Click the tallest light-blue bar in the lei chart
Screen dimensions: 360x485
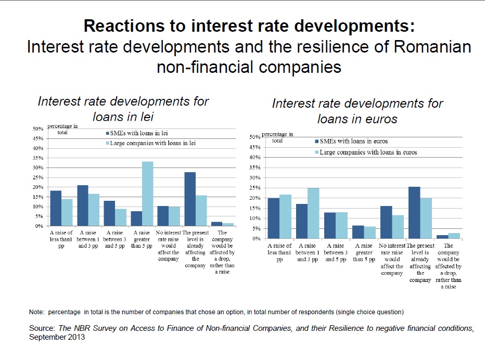click(148, 194)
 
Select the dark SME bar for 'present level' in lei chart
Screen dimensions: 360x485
click(190, 199)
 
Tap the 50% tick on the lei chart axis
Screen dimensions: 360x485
click(38, 128)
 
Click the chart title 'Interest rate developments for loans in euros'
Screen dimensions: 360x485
click(358, 110)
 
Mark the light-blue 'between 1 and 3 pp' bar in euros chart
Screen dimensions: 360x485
click(313, 213)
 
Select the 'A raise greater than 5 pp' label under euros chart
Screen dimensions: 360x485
click(364, 252)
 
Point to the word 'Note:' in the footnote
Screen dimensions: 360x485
click(36, 312)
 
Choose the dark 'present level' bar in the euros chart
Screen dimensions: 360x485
click(414, 212)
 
